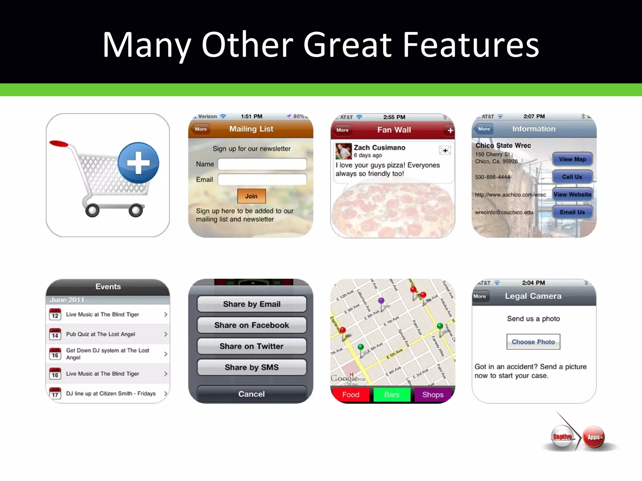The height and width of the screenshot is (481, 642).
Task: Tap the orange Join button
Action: click(x=251, y=196)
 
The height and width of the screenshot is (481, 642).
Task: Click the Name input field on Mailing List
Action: click(x=262, y=164)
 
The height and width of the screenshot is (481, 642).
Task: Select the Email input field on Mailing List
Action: click(x=262, y=179)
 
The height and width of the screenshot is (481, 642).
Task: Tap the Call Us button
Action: click(x=572, y=177)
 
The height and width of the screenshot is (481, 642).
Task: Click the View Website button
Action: click(x=572, y=194)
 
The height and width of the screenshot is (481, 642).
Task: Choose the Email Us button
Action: click(x=572, y=212)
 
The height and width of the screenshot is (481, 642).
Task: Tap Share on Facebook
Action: click(x=251, y=325)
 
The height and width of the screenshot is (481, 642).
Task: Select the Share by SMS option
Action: click(x=251, y=367)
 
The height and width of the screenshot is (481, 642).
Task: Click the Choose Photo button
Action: click(x=533, y=342)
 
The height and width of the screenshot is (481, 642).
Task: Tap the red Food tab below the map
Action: click(x=351, y=395)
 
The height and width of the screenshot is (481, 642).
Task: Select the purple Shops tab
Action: click(x=433, y=395)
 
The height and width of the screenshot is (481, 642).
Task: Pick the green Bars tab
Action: click(x=392, y=395)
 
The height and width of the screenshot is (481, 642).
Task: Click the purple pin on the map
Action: click(x=381, y=301)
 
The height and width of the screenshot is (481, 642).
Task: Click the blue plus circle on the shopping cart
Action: click(x=138, y=163)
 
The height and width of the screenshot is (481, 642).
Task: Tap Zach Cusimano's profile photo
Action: click(x=343, y=151)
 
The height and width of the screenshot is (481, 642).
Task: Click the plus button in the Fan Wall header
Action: click(x=450, y=130)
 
